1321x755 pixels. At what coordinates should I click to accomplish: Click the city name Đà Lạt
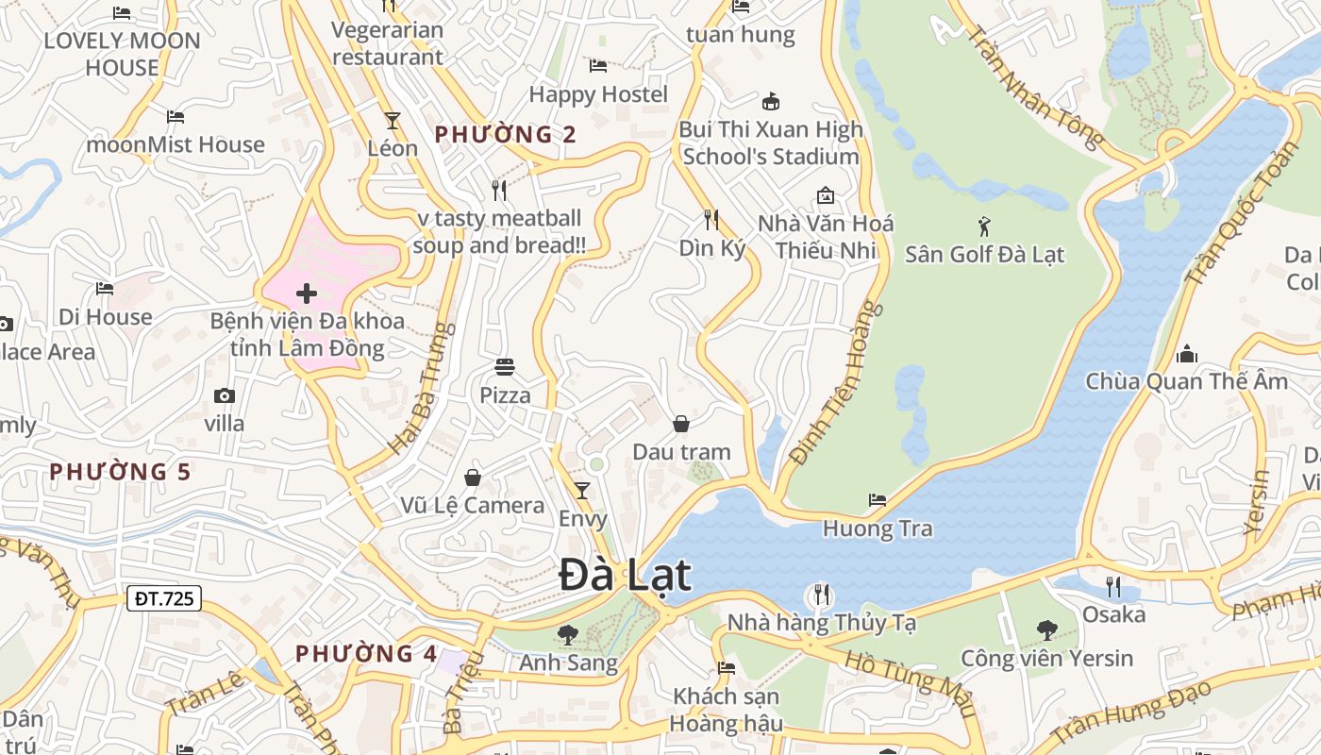click(625, 576)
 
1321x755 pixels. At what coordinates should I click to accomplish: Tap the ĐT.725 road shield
click(164, 598)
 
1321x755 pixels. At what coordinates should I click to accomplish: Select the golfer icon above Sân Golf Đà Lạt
click(985, 226)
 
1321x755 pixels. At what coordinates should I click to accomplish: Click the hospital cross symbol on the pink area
click(307, 294)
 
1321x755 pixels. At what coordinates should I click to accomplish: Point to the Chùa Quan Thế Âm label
click(1186, 381)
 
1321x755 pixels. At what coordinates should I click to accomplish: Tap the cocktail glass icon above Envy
click(582, 491)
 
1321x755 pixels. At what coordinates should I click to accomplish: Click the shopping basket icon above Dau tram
click(681, 424)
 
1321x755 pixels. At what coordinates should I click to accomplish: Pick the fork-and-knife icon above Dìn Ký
click(711, 220)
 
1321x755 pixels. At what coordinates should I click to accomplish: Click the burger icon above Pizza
click(505, 367)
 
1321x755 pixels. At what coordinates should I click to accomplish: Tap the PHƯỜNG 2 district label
click(505, 135)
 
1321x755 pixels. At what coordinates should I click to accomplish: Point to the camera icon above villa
click(225, 395)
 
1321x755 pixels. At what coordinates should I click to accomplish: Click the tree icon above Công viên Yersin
click(1046, 629)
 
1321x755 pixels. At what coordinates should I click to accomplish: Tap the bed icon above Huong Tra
click(878, 500)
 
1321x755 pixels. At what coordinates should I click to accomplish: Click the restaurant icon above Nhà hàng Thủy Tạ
click(822, 595)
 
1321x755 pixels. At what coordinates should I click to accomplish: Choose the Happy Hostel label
click(598, 94)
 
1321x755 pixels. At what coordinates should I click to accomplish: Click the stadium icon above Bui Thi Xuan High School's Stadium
click(771, 102)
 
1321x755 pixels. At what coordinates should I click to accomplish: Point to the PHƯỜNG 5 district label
click(120, 472)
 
